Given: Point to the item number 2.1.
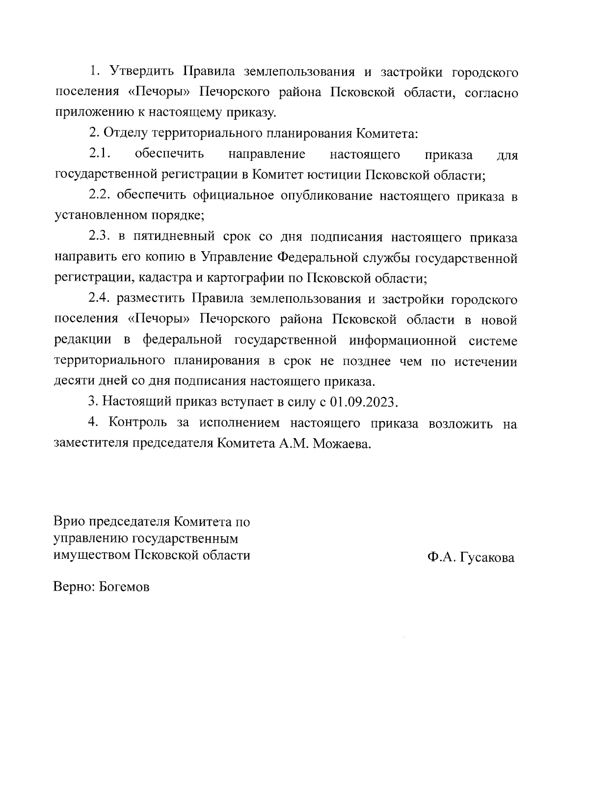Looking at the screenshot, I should (100, 154).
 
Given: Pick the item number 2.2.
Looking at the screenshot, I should (100, 196).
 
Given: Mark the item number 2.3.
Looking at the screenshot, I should (100, 237).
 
